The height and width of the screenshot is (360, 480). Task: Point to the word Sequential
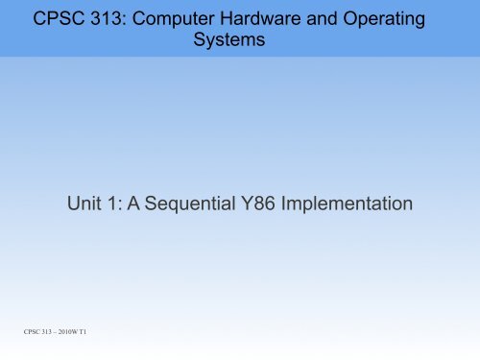tap(193, 204)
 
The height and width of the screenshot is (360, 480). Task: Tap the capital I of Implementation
tap(291, 204)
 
